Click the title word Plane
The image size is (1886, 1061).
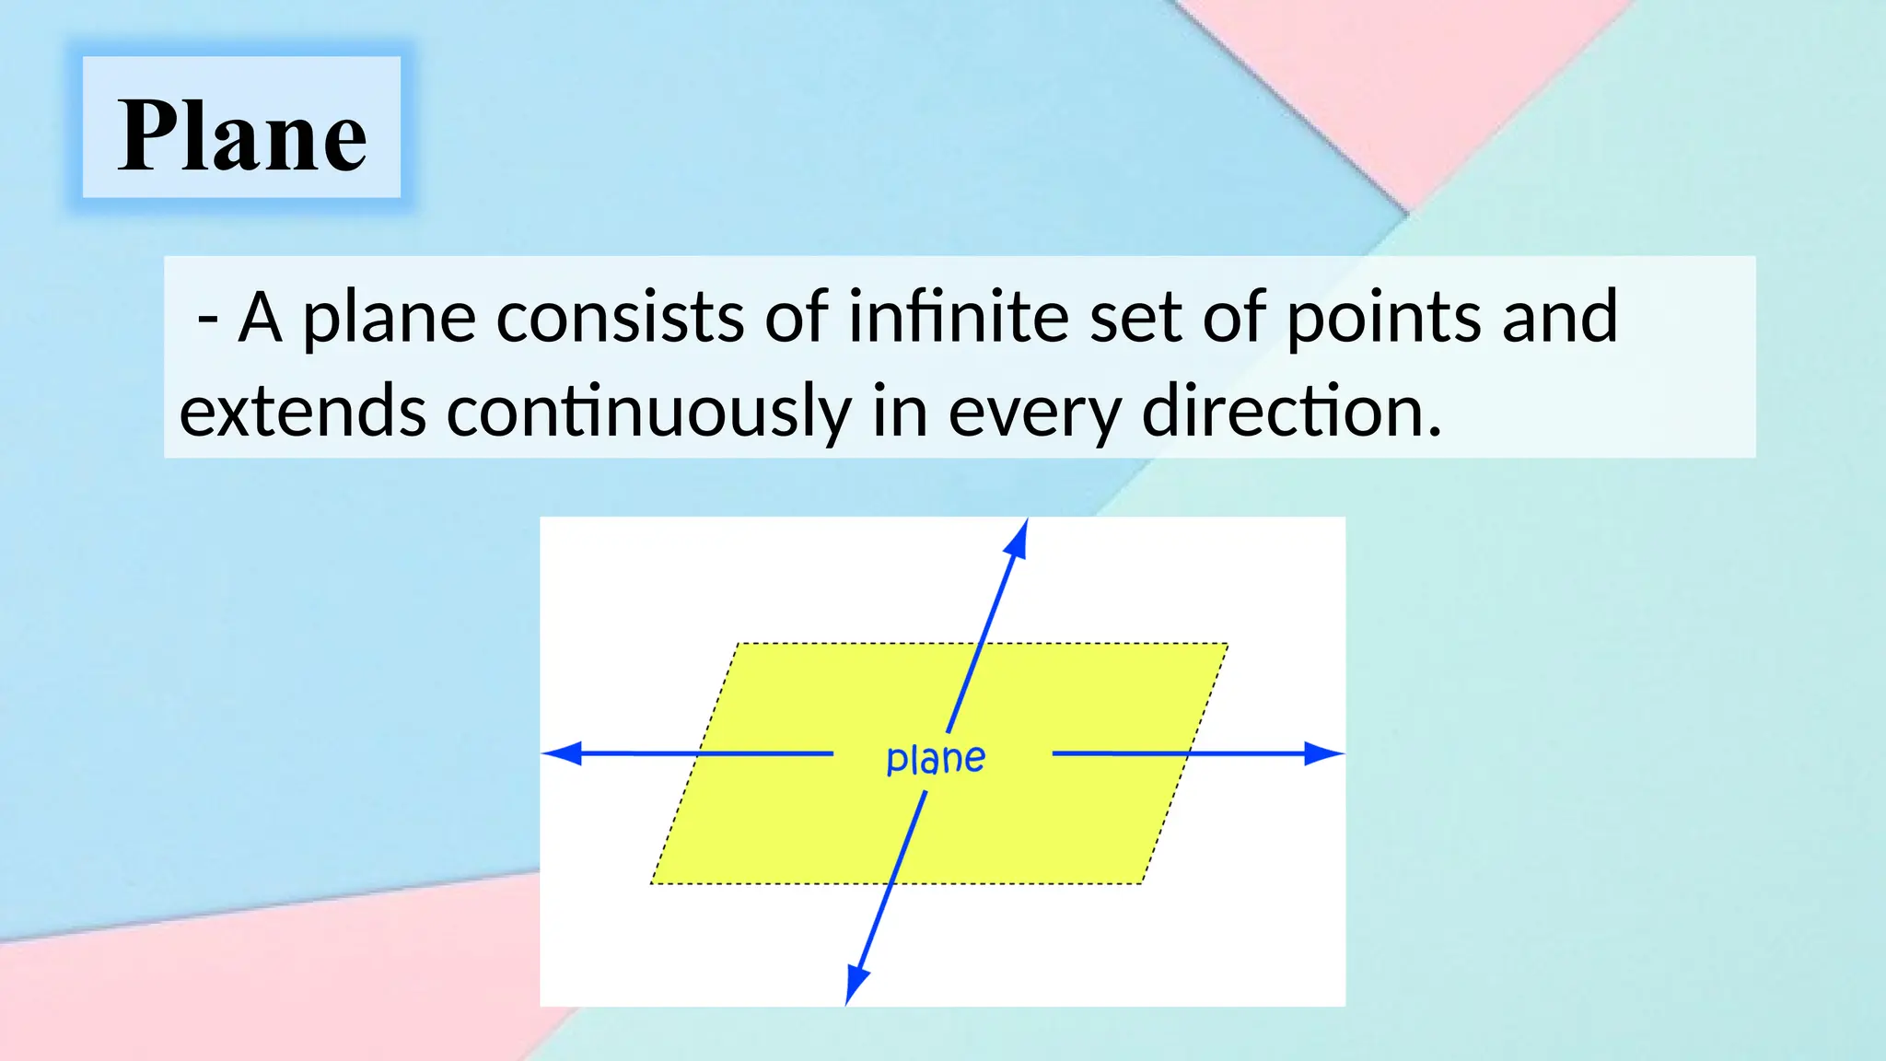pos(242,136)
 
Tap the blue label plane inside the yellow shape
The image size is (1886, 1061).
pos(936,759)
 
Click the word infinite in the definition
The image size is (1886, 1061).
pos(958,317)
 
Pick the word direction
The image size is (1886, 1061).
pos(1291,412)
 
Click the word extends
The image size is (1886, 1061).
pos(302,412)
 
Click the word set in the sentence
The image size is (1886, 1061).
pos(1136,317)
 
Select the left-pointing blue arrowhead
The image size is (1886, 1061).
pos(560,753)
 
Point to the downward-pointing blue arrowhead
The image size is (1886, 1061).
pos(855,986)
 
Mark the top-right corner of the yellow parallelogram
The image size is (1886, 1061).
pos(1228,644)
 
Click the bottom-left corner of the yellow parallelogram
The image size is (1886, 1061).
pos(651,883)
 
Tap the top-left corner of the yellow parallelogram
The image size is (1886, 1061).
pos(739,644)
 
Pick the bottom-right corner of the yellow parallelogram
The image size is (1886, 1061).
pos(1141,883)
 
